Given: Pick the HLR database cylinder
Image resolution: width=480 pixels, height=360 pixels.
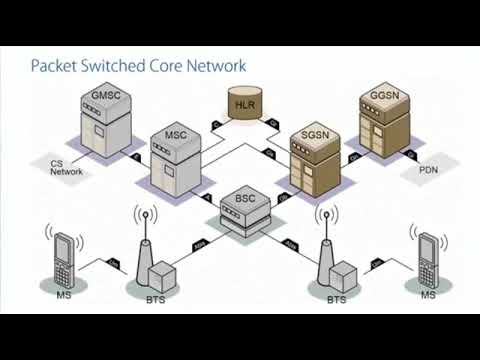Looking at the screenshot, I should click(243, 104).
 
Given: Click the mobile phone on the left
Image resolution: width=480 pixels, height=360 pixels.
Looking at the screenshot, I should click(66, 257).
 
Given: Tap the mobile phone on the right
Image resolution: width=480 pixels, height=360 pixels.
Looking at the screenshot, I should click(429, 257).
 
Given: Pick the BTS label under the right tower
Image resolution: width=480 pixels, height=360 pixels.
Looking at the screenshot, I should click(336, 299).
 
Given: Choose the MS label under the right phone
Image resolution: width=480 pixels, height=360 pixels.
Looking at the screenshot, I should click(427, 297).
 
